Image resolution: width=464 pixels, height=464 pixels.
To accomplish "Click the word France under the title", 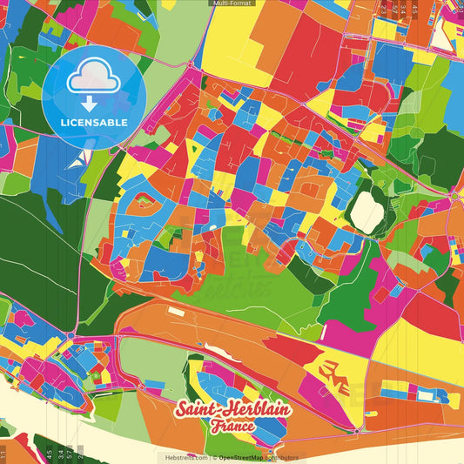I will [232, 427].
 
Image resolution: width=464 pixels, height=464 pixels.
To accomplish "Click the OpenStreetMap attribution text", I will [245, 457].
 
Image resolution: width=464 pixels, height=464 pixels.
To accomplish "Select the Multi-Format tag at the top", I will [232, 3].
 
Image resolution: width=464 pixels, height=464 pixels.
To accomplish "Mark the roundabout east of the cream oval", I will [454, 197].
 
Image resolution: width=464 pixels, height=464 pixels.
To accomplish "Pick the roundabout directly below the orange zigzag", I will [357, 431].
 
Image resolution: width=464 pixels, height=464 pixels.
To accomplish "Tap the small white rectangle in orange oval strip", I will [178, 311].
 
